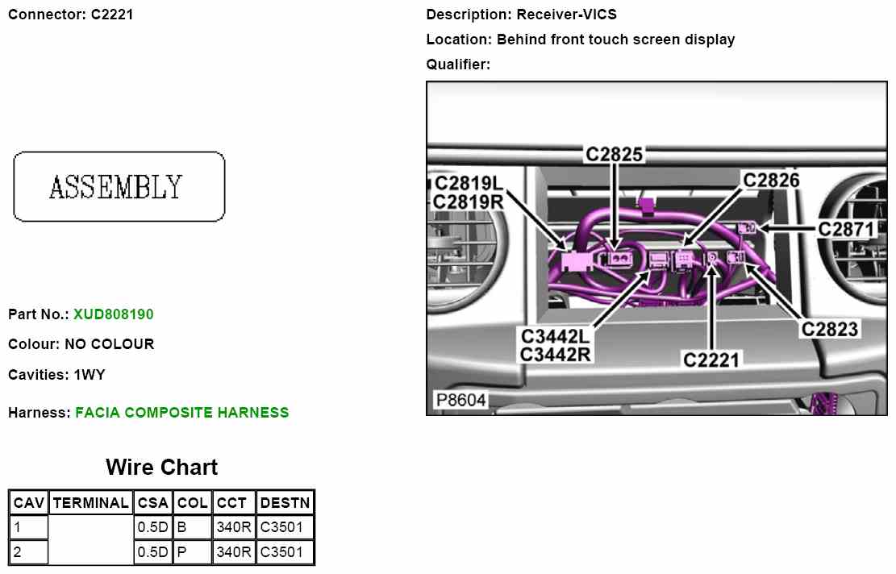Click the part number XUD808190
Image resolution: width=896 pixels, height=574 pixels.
click(x=113, y=314)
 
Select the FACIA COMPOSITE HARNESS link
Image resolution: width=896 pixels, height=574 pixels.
click(x=181, y=413)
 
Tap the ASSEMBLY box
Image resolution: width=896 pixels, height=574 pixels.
click(x=119, y=186)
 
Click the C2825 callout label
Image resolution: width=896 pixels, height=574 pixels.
click(x=615, y=155)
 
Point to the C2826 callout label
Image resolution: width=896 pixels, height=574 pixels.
click(x=771, y=180)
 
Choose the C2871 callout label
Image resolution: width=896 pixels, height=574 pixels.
click(x=846, y=230)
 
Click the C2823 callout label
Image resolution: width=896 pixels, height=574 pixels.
click(x=829, y=329)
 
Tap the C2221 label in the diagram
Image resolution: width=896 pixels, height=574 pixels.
click(x=711, y=360)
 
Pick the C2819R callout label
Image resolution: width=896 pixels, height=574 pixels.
click(x=468, y=202)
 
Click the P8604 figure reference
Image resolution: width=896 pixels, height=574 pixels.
click(x=461, y=401)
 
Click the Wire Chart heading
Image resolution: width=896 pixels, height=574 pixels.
click(x=161, y=468)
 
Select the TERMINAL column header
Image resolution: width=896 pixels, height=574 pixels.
click(x=90, y=503)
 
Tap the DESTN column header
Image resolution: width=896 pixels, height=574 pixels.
click(x=285, y=503)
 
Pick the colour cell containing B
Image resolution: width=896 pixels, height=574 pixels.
click(x=193, y=528)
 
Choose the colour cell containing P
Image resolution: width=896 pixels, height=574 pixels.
click(x=193, y=552)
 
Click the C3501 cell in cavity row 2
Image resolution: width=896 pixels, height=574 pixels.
click(x=285, y=552)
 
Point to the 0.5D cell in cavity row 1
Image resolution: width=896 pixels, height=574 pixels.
click(x=152, y=528)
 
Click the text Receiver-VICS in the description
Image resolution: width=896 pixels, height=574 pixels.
click(x=567, y=15)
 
